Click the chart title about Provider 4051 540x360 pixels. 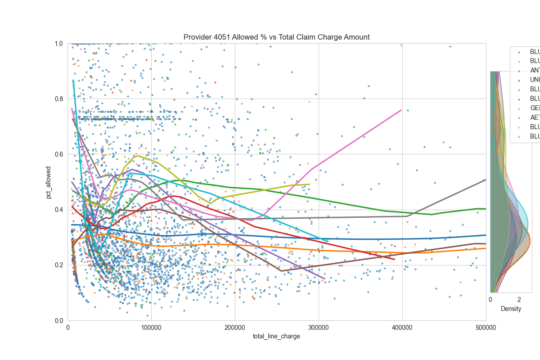click(276, 37)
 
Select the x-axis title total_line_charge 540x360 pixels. click(276, 336)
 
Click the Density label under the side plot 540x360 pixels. click(511, 309)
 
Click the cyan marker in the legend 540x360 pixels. click(518, 136)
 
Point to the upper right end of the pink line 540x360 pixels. click(401, 110)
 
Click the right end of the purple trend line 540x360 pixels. click(324, 279)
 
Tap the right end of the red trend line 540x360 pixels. click(395, 259)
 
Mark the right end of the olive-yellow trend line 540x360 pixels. click(310, 184)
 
